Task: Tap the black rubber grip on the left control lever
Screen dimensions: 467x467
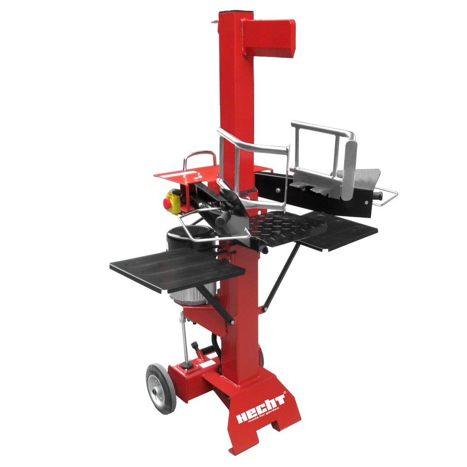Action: pyautogui.click(x=223, y=217)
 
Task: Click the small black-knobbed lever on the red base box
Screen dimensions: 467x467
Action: pyautogui.click(x=189, y=364)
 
